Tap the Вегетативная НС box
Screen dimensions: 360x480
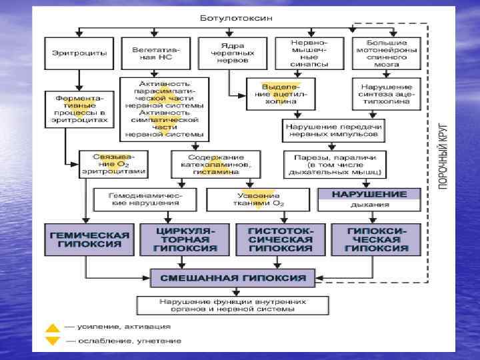[x=154, y=53]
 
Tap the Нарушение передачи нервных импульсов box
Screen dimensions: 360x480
[x=333, y=130]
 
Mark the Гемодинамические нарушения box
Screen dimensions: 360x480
[x=145, y=198]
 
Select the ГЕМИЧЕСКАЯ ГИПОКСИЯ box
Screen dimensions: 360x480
[x=88, y=240]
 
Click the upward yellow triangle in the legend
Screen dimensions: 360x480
[x=53, y=328]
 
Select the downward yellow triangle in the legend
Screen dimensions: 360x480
[x=53, y=341]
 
